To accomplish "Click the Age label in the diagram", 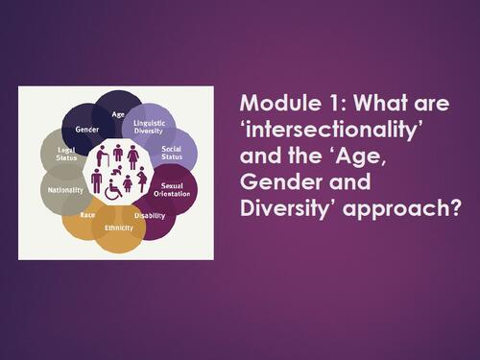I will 119,115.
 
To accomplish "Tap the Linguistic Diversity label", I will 145,132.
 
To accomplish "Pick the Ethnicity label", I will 118,228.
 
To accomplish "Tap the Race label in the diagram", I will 87,215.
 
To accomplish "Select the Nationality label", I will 65,190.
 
